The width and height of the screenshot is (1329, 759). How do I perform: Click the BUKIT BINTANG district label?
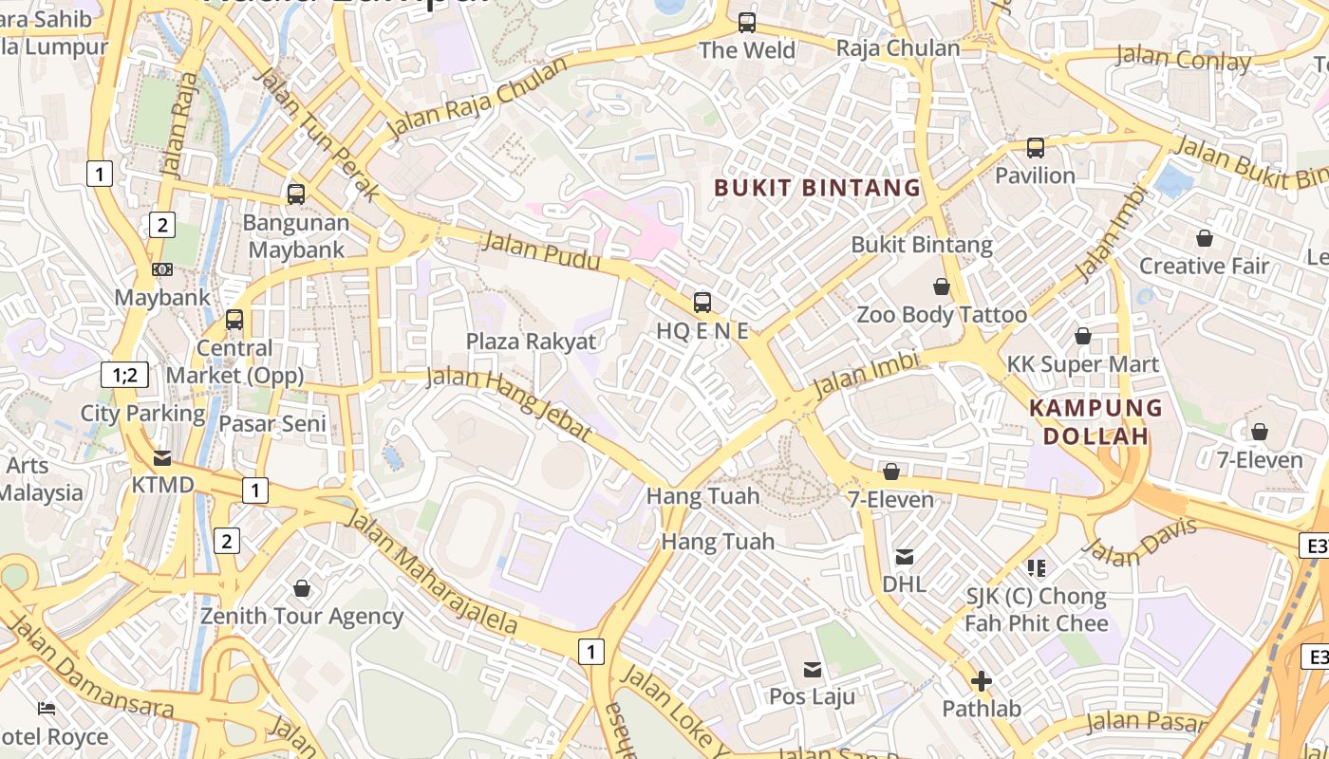817,187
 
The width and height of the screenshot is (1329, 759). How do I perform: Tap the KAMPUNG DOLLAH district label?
1096,422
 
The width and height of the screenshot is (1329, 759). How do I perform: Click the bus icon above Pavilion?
1035,148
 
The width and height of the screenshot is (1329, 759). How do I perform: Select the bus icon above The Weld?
747,22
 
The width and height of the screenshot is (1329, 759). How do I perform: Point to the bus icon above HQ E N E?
702,303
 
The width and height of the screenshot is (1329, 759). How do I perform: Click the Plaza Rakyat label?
531,342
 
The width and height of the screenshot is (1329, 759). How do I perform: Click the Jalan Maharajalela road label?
432,572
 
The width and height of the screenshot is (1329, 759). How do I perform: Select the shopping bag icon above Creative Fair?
1204,238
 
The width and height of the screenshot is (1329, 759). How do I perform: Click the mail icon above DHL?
905,557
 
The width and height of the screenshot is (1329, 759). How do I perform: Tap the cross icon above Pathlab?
982,681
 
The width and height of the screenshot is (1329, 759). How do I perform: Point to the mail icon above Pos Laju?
812,670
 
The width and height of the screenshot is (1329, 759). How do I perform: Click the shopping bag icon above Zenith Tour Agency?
302,589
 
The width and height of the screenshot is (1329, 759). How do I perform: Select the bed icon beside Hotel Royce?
46,709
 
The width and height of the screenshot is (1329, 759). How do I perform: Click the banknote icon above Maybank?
162,269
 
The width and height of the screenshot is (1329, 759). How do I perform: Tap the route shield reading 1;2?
124,375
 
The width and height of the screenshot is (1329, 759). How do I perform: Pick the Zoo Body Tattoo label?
942,314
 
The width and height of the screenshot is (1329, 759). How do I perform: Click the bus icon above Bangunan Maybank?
296,194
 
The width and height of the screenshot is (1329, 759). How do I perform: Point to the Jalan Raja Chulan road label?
477,98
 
